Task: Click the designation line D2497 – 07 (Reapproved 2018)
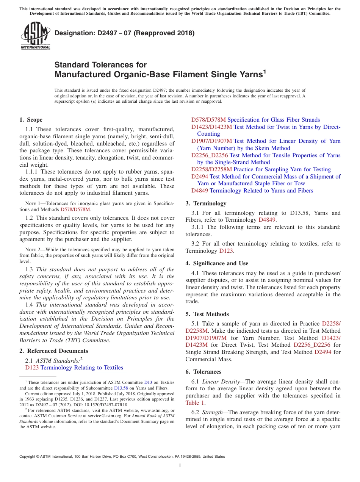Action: click(x=124, y=33)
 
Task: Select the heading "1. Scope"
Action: click(x=31, y=120)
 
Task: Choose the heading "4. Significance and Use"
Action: click(x=217, y=263)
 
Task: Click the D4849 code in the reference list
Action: click(x=200, y=191)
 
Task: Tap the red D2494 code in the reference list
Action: click(x=200, y=177)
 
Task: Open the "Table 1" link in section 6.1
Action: click(x=195, y=403)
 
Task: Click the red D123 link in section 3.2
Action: click(x=226, y=251)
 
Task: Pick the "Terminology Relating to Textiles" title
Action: click(x=82, y=368)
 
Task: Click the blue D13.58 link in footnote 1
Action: click(x=121, y=388)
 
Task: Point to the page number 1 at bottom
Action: click(x=180, y=466)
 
